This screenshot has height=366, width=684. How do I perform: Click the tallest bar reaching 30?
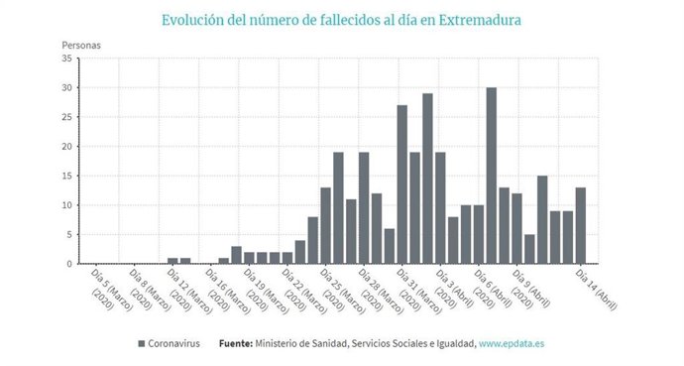click(x=492, y=176)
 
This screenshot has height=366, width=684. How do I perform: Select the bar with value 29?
click(x=427, y=179)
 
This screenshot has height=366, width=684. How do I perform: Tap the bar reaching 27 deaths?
click(x=401, y=184)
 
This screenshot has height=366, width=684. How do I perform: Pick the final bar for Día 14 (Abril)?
click(x=581, y=225)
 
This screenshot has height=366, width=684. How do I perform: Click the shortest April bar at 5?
click(x=529, y=249)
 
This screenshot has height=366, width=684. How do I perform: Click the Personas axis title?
click(x=80, y=45)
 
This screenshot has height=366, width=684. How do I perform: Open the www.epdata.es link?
click(x=512, y=343)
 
